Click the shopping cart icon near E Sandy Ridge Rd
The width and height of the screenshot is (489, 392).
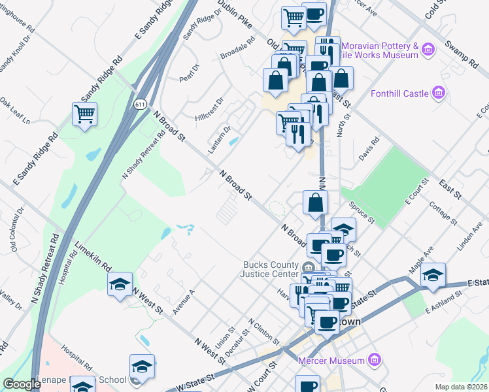[85, 115]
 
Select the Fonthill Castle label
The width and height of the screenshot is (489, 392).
[399, 93]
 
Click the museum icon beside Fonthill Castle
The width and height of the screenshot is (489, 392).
[439, 93]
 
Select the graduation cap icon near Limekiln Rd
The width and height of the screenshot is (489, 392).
[119, 285]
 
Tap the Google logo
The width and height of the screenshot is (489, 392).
[22, 384]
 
